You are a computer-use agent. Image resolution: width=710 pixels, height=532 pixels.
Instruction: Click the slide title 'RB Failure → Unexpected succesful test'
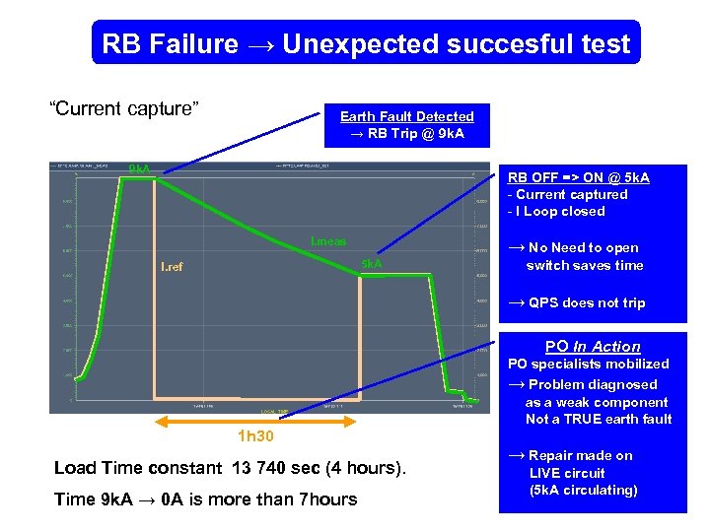pyautogui.click(x=366, y=43)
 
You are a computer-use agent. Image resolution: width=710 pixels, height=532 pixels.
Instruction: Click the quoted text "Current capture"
pyautogui.click(x=125, y=108)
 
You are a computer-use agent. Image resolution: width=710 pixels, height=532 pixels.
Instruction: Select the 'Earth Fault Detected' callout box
pyautogui.click(x=407, y=125)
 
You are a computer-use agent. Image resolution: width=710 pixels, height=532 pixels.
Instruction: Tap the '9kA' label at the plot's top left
pyautogui.click(x=140, y=168)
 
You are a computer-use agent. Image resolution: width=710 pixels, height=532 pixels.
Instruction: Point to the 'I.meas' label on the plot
pyautogui.click(x=328, y=241)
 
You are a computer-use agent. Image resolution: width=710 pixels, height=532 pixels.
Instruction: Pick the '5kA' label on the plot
pyautogui.click(x=372, y=265)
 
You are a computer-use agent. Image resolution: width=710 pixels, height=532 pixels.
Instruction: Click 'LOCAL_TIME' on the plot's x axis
pyautogui.click(x=275, y=412)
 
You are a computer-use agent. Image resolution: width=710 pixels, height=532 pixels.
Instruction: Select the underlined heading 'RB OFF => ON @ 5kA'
pyautogui.click(x=578, y=177)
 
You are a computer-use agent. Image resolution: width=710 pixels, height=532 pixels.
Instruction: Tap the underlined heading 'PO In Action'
pyautogui.click(x=593, y=347)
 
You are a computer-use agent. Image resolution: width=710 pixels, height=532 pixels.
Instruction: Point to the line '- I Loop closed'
pyautogui.click(x=555, y=211)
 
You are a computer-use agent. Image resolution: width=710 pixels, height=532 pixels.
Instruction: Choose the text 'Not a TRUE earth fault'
pyautogui.click(x=599, y=419)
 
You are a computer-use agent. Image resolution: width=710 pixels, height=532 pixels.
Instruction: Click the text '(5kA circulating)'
pyautogui.click(x=583, y=490)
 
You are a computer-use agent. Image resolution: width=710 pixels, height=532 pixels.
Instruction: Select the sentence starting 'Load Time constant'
pyautogui.click(x=229, y=468)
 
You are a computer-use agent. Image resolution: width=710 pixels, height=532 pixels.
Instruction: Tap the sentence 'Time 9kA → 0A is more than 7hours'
pyautogui.click(x=205, y=499)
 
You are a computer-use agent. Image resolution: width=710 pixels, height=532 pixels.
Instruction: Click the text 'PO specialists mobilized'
pyautogui.click(x=588, y=364)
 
